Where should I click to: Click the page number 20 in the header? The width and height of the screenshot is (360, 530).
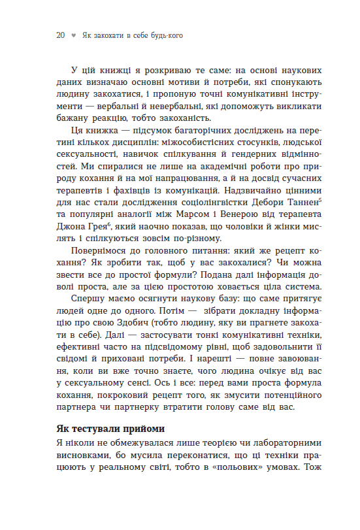[x=60, y=36]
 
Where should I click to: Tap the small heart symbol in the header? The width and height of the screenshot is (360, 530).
[x=73, y=37]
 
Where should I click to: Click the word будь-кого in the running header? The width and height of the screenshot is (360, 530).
[x=164, y=36]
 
